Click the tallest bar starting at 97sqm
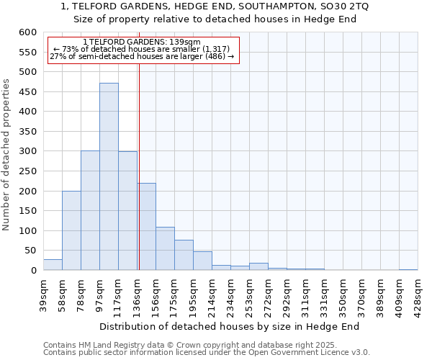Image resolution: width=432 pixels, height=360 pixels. point(109,176)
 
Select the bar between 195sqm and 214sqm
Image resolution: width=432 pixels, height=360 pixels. point(202,261)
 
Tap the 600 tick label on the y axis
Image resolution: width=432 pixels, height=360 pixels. point(27,32)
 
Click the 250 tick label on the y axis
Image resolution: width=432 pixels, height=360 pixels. point(27,171)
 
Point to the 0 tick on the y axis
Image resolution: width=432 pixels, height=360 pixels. point(33,271)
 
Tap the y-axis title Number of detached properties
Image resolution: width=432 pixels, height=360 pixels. point(6,156)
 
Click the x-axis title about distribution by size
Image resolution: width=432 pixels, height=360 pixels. point(229,326)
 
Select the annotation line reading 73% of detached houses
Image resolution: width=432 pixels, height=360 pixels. point(141,49)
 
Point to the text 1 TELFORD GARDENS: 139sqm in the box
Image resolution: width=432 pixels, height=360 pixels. point(141,42)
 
